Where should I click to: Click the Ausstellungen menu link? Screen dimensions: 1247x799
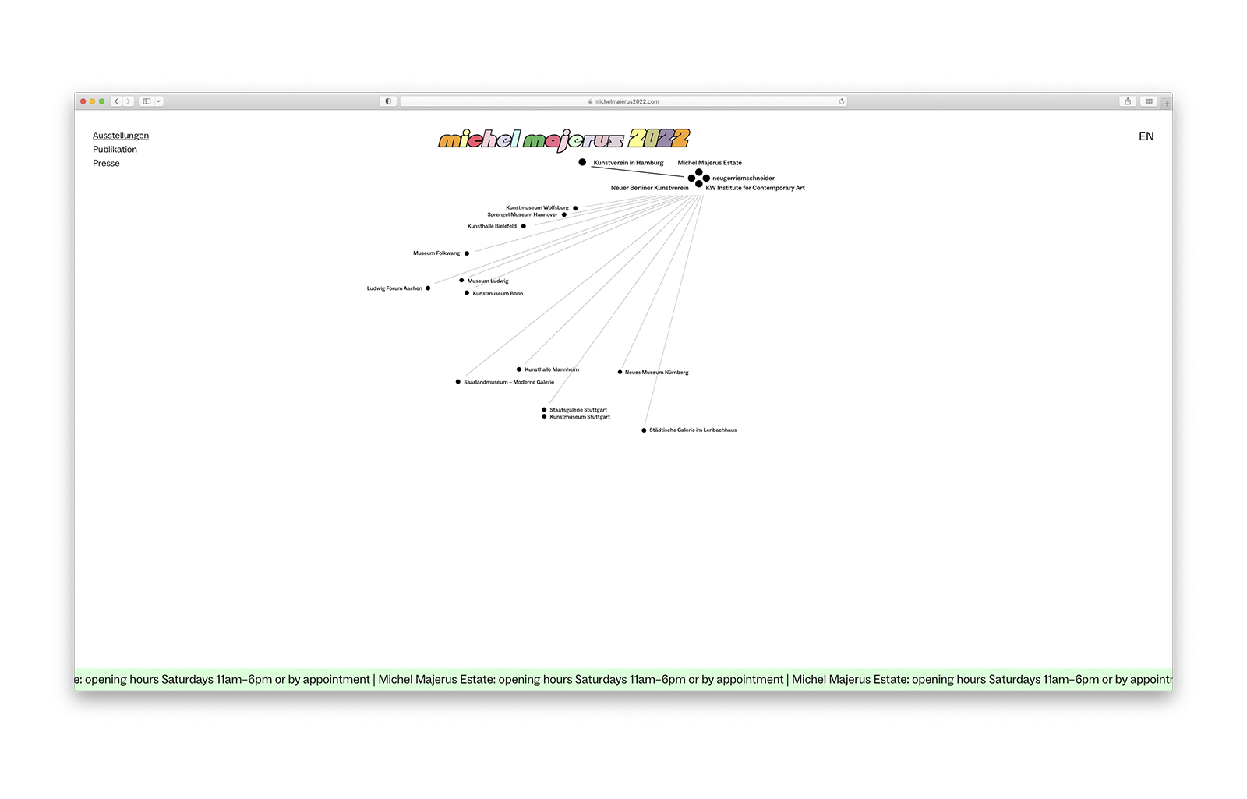[x=121, y=136]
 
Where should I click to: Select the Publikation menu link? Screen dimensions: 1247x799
[x=115, y=149]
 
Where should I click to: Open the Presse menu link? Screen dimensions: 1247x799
[x=106, y=163]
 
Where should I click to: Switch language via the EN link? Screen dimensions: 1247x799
[x=1146, y=136]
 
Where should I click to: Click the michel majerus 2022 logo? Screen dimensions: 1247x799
[x=564, y=140]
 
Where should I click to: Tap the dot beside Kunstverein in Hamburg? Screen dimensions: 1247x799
[x=582, y=162]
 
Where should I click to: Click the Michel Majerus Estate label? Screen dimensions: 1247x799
[x=710, y=163]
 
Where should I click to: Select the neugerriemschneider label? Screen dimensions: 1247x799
[x=744, y=179]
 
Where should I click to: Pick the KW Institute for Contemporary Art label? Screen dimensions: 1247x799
[x=755, y=188]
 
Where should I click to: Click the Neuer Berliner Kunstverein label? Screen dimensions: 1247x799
[x=650, y=188]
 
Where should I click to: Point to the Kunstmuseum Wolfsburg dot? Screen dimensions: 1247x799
[x=576, y=208]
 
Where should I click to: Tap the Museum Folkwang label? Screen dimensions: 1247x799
[x=436, y=253]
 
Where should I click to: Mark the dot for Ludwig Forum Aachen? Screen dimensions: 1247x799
[x=428, y=288]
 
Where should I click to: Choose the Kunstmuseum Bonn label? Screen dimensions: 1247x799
[x=498, y=293]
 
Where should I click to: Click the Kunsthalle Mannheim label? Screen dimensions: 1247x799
[x=552, y=369]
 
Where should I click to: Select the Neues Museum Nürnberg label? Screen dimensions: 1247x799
[x=657, y=373]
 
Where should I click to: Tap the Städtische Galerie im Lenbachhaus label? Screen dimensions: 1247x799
[x=693, y=430]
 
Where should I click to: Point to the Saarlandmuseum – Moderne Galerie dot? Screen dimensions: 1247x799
[x=458, y=382]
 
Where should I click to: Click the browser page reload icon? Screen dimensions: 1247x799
[x=842, y=101]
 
